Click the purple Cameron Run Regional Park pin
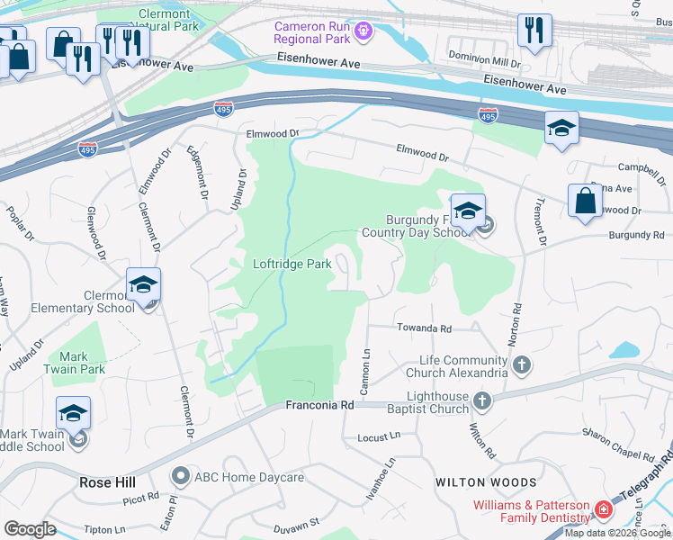363,31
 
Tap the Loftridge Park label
292,265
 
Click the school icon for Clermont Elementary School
144,285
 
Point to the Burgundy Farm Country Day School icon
468,211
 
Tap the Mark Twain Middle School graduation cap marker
73,414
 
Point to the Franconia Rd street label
319,406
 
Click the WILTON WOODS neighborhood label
486,482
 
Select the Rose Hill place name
107,482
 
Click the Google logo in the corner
29,529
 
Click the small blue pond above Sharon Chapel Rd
624,349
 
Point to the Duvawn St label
296,523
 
